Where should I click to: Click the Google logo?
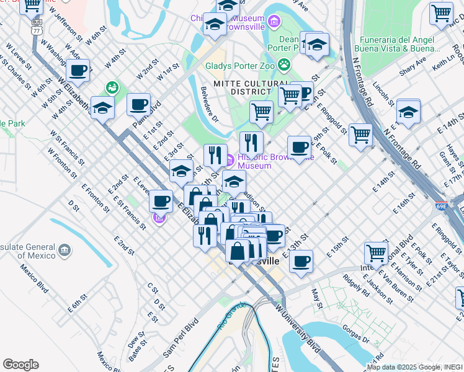20,365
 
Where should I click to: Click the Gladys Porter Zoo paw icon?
284,64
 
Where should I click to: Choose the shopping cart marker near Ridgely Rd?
377,254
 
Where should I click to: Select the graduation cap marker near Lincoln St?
408,112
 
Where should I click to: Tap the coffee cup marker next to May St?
301,261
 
